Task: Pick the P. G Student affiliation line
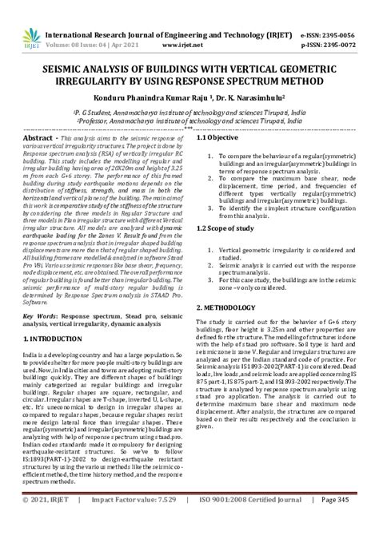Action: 189,112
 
